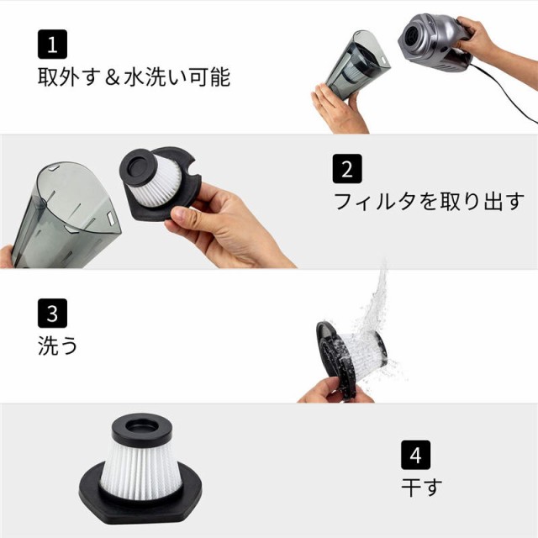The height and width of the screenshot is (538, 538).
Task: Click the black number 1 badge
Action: (52, 45)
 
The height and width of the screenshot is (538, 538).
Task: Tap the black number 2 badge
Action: (347, 168)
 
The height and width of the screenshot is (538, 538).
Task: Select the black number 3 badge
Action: (52, 314)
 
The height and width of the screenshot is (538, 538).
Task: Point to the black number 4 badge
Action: (415, 455)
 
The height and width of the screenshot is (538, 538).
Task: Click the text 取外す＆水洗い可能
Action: (134, 76)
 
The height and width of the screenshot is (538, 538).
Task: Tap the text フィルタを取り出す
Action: (429, 201)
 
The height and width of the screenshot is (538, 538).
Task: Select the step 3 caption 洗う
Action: (58, 345)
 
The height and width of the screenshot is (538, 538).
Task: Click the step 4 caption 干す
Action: (422, 488)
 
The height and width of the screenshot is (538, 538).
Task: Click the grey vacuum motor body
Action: (433, 41)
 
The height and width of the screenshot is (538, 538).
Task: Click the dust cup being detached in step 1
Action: (356, 64)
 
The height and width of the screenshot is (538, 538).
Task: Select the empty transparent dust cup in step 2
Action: (66, 214)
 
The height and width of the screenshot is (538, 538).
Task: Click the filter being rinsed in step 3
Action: (351, 359)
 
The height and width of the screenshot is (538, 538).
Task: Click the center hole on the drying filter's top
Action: (142, 427)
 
